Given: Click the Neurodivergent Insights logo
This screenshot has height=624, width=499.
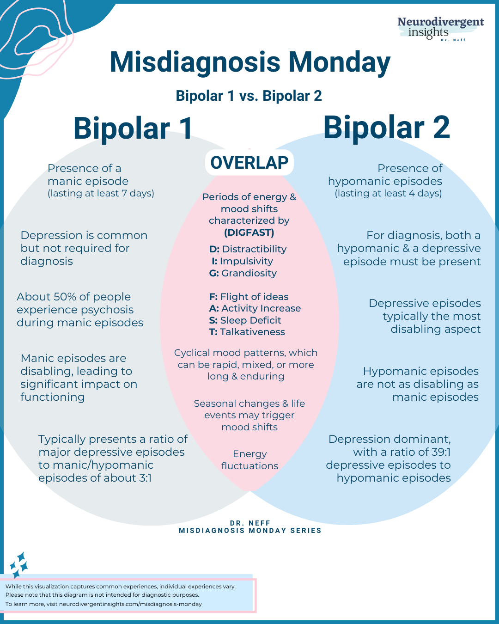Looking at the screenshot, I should [x=440, y=29].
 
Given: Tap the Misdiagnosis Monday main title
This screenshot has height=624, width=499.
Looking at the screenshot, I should [x=249, y=62].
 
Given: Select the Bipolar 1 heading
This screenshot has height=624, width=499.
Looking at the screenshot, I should [x=133, y=128].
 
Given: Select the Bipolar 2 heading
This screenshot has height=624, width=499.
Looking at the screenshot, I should [x=386, y=127].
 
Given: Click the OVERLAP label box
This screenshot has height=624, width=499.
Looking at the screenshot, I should [x=249, y=163].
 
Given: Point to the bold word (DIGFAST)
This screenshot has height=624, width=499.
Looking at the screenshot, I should [x=249, y=232].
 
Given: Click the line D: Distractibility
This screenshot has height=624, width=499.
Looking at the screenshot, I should [x=248, y=249].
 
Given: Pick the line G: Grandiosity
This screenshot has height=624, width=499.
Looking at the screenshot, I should [x=243, y=273].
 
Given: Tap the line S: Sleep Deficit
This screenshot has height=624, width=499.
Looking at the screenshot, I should [x=245, y=320].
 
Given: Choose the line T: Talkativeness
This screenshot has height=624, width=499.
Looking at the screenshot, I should [x=247, y=332].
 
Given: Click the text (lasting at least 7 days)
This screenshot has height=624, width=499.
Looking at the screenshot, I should [x=101, y=193].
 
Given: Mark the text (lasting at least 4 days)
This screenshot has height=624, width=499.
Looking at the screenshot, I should [x=388, y=193].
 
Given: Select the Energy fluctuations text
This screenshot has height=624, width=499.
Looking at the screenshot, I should [x=249, y=460].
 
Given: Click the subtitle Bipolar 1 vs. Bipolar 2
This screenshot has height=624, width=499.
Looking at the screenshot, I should [x=249, y=96].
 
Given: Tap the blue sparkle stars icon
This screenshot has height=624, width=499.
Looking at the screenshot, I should [x=19, y=564].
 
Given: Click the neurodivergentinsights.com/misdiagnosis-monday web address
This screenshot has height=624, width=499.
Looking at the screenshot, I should [x=130, y=604].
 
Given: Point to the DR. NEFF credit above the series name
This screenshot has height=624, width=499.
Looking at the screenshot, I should [x=250, y=523].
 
